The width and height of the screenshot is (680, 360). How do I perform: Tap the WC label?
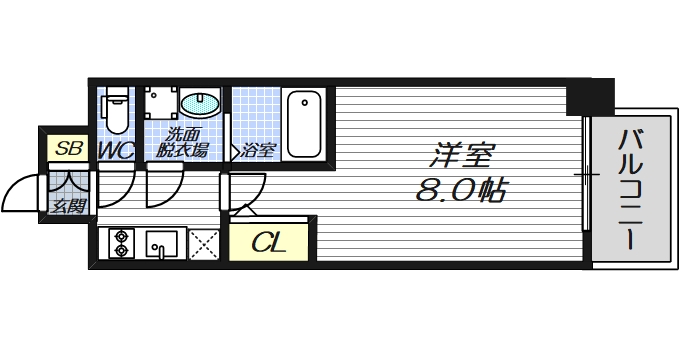pos(117,151)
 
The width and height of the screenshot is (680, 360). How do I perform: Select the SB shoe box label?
pos(67,150)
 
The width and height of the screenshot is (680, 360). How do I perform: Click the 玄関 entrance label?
pos(69,206)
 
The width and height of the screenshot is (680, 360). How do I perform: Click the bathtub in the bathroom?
pos(301,124)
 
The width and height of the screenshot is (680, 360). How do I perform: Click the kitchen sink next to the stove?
pos(161,244)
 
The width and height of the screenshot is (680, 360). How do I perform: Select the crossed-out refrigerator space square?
pos(204,245)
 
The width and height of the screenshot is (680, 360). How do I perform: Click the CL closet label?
pos(268,242)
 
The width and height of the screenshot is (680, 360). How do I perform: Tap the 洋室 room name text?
pos(463,156)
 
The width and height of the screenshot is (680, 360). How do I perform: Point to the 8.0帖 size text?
pos(459,189)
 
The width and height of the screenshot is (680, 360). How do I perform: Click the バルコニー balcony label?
pos(629,190)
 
